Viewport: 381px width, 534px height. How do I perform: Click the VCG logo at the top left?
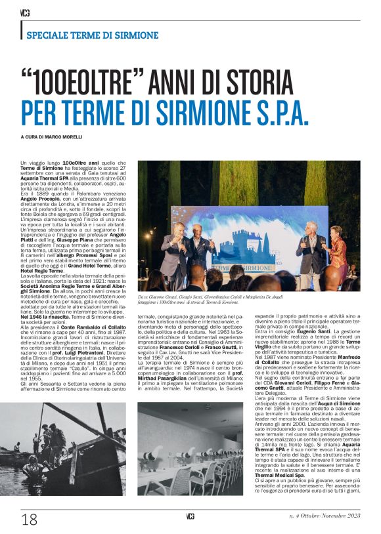pos(25,12)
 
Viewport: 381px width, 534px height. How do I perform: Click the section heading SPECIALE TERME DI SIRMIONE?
pos(93,35)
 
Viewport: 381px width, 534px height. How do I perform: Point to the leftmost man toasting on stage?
pos(176,249)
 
